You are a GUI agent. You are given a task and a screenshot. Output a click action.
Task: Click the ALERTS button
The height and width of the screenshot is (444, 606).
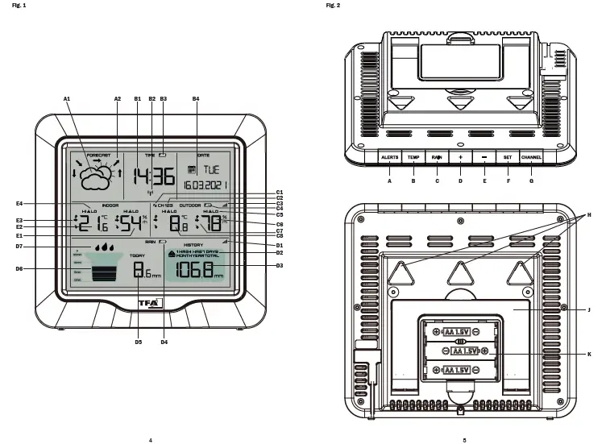pyautogui.click(x=389, y=157)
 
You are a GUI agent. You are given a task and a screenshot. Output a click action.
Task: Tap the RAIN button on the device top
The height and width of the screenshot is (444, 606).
pyautogui.click(x=436, y=157)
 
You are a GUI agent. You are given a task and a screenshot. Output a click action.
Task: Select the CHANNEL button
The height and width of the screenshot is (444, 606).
pyautogui.click(x=531, y=157)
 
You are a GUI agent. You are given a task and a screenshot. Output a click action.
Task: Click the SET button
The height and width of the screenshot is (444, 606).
pyautogui.click(x=507, y=157)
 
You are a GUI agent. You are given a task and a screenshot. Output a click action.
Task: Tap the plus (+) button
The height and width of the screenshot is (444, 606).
pyautogui.click(x=460, y=157)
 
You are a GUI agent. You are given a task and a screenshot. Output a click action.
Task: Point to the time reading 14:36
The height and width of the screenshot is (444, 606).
pyautogui.click(x=154, y=176)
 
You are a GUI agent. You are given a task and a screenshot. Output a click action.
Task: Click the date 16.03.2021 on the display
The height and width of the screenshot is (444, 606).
pyautogui.click(x=205, y=185)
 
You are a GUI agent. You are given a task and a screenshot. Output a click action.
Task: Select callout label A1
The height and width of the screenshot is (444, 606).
pyautogui.click(x=68, y=98)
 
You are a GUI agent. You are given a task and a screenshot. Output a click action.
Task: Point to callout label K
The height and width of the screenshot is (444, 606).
pyautogui.click(x=590, y=355)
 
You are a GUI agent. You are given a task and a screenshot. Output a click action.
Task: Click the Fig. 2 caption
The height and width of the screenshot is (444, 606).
pyautogui.click(x=333, y=6)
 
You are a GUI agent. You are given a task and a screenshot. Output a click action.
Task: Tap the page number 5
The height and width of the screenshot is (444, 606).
pyautogui.click(x=464, y=440)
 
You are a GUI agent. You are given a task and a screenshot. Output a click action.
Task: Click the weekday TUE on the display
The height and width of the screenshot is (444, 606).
pyautogui.click(x=210, y=170)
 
